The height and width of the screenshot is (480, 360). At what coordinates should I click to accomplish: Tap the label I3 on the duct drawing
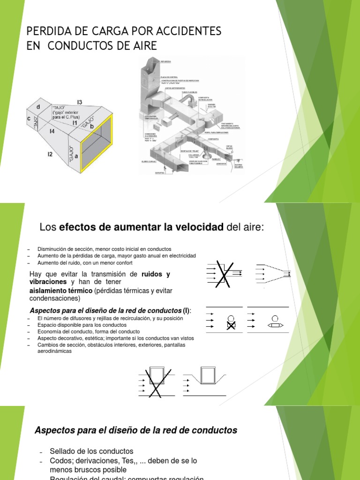coord(80,102)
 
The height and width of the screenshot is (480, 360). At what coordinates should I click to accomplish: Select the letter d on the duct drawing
coord(38,107)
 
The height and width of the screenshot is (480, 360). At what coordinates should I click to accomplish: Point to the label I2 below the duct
coord(50,154)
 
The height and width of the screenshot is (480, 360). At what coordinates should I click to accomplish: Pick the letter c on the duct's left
coord(30,119)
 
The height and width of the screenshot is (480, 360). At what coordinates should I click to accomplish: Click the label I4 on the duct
coord(52,132)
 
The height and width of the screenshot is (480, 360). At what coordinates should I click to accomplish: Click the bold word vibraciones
coord(49,282)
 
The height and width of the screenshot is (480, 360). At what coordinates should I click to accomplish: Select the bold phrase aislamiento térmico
coord(61,291)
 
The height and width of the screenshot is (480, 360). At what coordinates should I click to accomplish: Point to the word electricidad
coord(180,255)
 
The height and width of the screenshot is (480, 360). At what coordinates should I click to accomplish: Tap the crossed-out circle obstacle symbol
coord(230,322)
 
